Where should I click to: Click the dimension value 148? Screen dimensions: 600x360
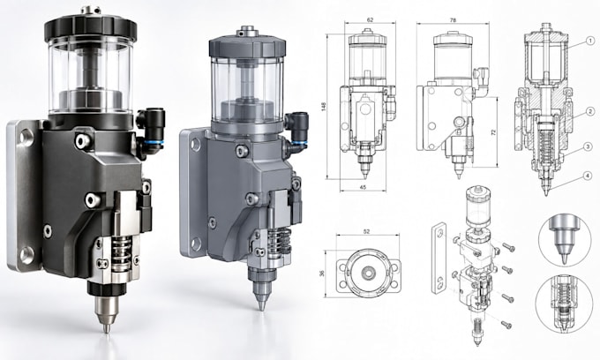pos(324,107)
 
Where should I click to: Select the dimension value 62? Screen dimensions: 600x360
pos(370,20)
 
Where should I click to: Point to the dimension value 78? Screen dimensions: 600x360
pos(453,20)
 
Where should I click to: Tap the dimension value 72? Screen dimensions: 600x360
pos(493,132)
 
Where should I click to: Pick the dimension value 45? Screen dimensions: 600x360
pos(364,187)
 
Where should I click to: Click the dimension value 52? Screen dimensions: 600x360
pos(366,231)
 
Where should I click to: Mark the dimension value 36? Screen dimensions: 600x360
pos(322,274)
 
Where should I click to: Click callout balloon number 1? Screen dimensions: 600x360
pos(590,41)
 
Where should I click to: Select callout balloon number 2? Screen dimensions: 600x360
pos(590,112)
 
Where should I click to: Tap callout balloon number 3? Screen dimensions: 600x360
pos(589,146)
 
